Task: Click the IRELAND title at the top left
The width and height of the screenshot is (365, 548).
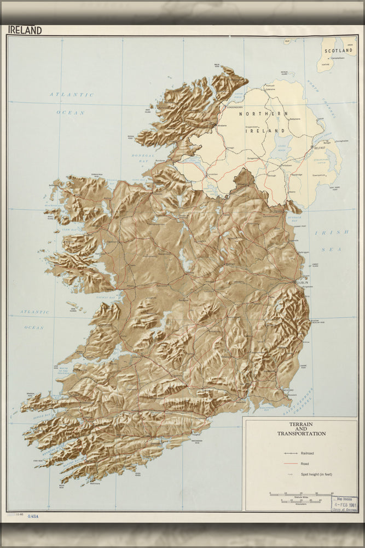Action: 25,30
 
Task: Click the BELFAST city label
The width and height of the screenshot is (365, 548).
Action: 318,148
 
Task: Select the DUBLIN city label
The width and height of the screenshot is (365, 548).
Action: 303,282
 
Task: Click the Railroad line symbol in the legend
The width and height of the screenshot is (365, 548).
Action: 290,454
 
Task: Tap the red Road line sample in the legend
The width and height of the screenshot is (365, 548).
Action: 290,464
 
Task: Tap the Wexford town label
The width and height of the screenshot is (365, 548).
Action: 289,391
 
